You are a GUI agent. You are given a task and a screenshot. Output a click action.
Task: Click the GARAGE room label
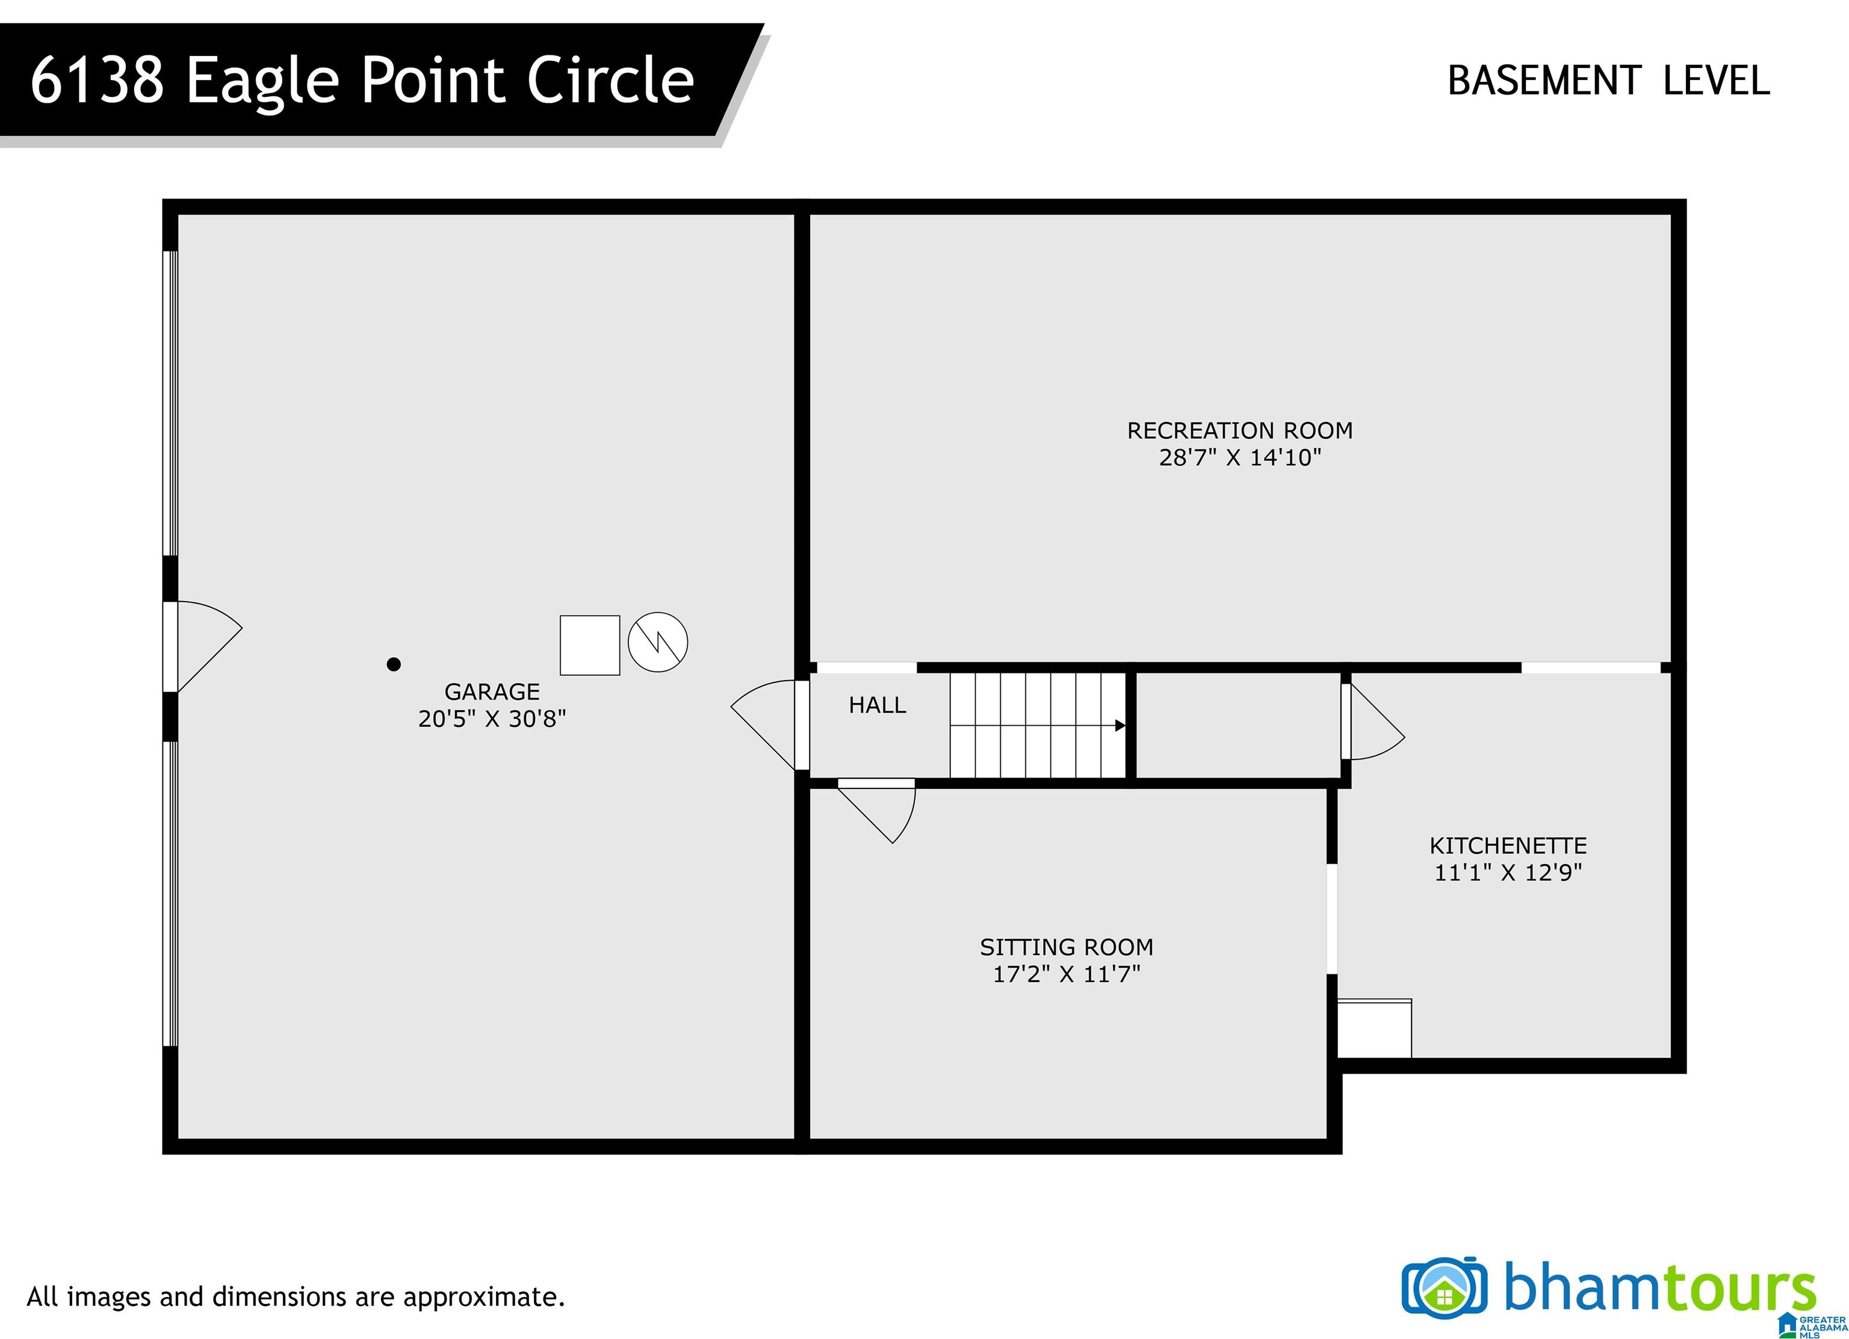492,692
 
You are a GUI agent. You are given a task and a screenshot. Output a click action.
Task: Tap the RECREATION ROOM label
1239,430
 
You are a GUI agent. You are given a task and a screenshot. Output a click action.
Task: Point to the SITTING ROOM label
1067,947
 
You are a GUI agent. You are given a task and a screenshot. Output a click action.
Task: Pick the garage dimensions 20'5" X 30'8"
492,719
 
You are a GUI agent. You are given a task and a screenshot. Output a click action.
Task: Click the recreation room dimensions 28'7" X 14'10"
1239,457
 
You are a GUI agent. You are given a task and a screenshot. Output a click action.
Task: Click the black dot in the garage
394,664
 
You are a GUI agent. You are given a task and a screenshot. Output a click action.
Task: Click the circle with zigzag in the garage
658,642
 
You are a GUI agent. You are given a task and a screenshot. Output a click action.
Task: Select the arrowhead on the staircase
1121,725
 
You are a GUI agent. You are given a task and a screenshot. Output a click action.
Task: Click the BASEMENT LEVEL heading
1608,81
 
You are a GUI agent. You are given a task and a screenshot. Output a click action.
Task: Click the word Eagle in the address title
262,81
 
